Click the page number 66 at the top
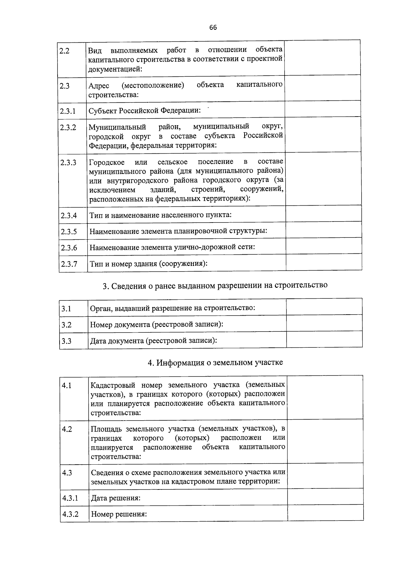(x=213, y=28)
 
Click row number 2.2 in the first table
(x=65, y=51)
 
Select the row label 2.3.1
(x=68, y=111)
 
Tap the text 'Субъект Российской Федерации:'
(x=145, y=110)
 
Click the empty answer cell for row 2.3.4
(x=324, y=214)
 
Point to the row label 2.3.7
(x=69, y=264)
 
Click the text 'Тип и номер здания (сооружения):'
(x=149, y=264)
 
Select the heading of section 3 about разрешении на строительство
(x=215, y=285)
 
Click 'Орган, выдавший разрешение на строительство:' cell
(x=172, y=308)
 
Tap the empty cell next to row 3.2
(x=324, y=323)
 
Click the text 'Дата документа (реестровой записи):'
(x=154, y=340)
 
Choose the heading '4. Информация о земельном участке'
(x=215, y=362)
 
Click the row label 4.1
(x=67, y=385)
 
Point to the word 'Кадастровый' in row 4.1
(x=113, y=385)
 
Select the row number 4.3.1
(x=70, y=498)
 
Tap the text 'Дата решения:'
(x=116, y=498)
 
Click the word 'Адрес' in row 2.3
(x=99, y=86)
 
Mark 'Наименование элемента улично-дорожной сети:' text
(x=172, y=247)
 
